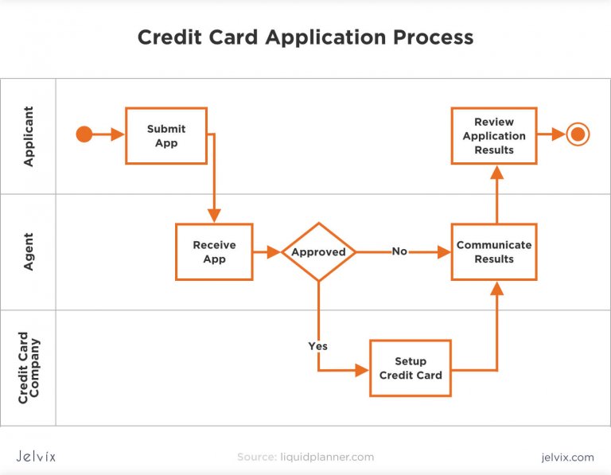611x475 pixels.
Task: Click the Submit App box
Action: pyautogui.click(x=166, y=135)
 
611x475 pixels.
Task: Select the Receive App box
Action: pyautogui.click(x=214, y=251)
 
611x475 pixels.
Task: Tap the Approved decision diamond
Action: pyautogui.click(x=318, y=252)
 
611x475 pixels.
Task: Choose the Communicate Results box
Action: pyautogui.click(x=494, y=251)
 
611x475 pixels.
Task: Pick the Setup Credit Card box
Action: pyautogui.click(x=411, y=368)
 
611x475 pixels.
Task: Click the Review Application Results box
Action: pyautogui.click(x=494, y=135)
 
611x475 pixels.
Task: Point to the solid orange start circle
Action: pyautogui.click(x=84, y=134)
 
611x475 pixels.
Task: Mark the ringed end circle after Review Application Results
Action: pyautogui.click(x=578, y=134)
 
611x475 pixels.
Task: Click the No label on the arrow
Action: pyautogui.click(x=399, y=251)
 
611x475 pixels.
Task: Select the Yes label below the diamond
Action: pyautogui.click(x=317, y=346)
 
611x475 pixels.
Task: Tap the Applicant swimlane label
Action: pyautogui.click(x=29, y=136)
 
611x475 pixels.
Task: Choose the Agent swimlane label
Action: pyautogui.click(x=29, y=251)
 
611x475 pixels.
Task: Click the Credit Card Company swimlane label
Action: pyautogui.click(x=29, y=368)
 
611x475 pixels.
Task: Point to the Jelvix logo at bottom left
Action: pyautogui.click(x=37, y=457)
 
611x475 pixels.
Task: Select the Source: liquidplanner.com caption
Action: pyautogui.click(x=305, y=457)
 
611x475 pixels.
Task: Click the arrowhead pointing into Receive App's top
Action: pyautogui.click(x=214, y=216)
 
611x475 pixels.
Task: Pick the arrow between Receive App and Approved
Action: pyautogui.click(x=267, y=252)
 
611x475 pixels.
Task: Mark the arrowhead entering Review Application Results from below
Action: pyautogui.click(x=497, y=172)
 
